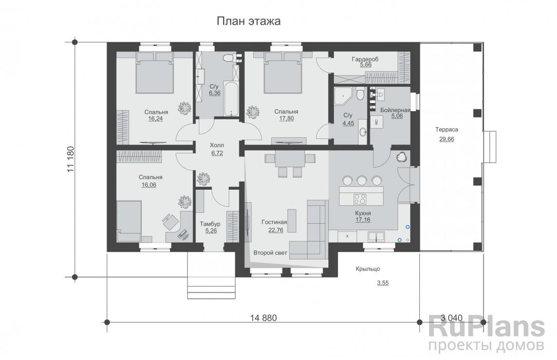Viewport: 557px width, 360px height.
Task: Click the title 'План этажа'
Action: [x=249, y=21]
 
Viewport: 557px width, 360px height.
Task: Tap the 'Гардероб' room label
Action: [x=365, y=59]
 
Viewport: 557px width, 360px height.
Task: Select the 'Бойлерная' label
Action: [x=395, y=110]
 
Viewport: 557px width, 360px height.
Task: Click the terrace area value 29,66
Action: [x=447, y=139]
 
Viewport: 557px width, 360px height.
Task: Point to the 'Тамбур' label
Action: [x=210, y=224]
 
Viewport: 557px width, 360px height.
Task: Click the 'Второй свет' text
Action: [x=270, y=253]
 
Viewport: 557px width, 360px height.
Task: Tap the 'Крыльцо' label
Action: [x=368, y=268]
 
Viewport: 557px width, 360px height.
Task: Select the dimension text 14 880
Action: [x=263, y=318]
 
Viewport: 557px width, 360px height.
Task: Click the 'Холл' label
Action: [x=217, y=146]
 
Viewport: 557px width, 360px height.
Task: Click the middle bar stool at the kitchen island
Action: [x=362, y=181]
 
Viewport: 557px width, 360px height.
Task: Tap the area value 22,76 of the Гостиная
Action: [x=275, y=230]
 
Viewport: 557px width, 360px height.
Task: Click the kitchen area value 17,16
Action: [x=363, y=220]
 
